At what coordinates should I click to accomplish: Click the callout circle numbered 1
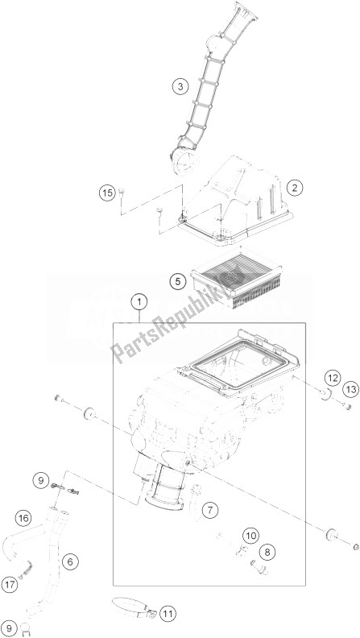tap(139, 303)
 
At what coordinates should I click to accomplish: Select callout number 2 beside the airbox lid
tap(295, 188)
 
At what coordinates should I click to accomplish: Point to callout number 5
tap(178, 281)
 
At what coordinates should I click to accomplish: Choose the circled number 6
tap(70, 562)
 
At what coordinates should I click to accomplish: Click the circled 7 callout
tap(210, 510)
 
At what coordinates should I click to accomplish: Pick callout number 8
tap(267, 552)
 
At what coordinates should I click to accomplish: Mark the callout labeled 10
tap(251, 536)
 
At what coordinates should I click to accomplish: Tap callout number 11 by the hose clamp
tap(168, 613)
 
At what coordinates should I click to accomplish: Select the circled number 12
tap(333, 379)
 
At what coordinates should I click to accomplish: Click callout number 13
tap(350, 389)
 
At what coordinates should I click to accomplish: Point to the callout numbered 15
tap(107, 193)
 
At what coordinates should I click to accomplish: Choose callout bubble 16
tap(24, 519)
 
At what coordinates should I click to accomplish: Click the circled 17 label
tap(10, 585)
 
